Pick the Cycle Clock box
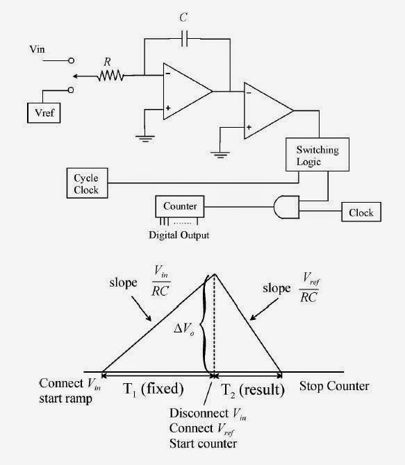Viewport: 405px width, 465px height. click(86, 183)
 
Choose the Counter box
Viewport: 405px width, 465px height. click(180, 206)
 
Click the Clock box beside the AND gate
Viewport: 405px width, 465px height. click(361, 213)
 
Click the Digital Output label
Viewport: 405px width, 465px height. click(179, 235)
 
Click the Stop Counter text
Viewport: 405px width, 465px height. click(333, 386)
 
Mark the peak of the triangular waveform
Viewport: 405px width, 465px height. click(214, 273)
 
